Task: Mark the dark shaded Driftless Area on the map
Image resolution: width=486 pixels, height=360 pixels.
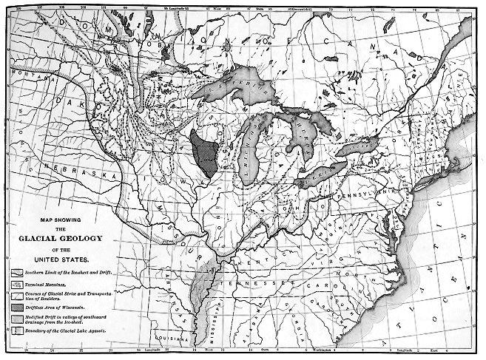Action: click(x=204, y=152)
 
